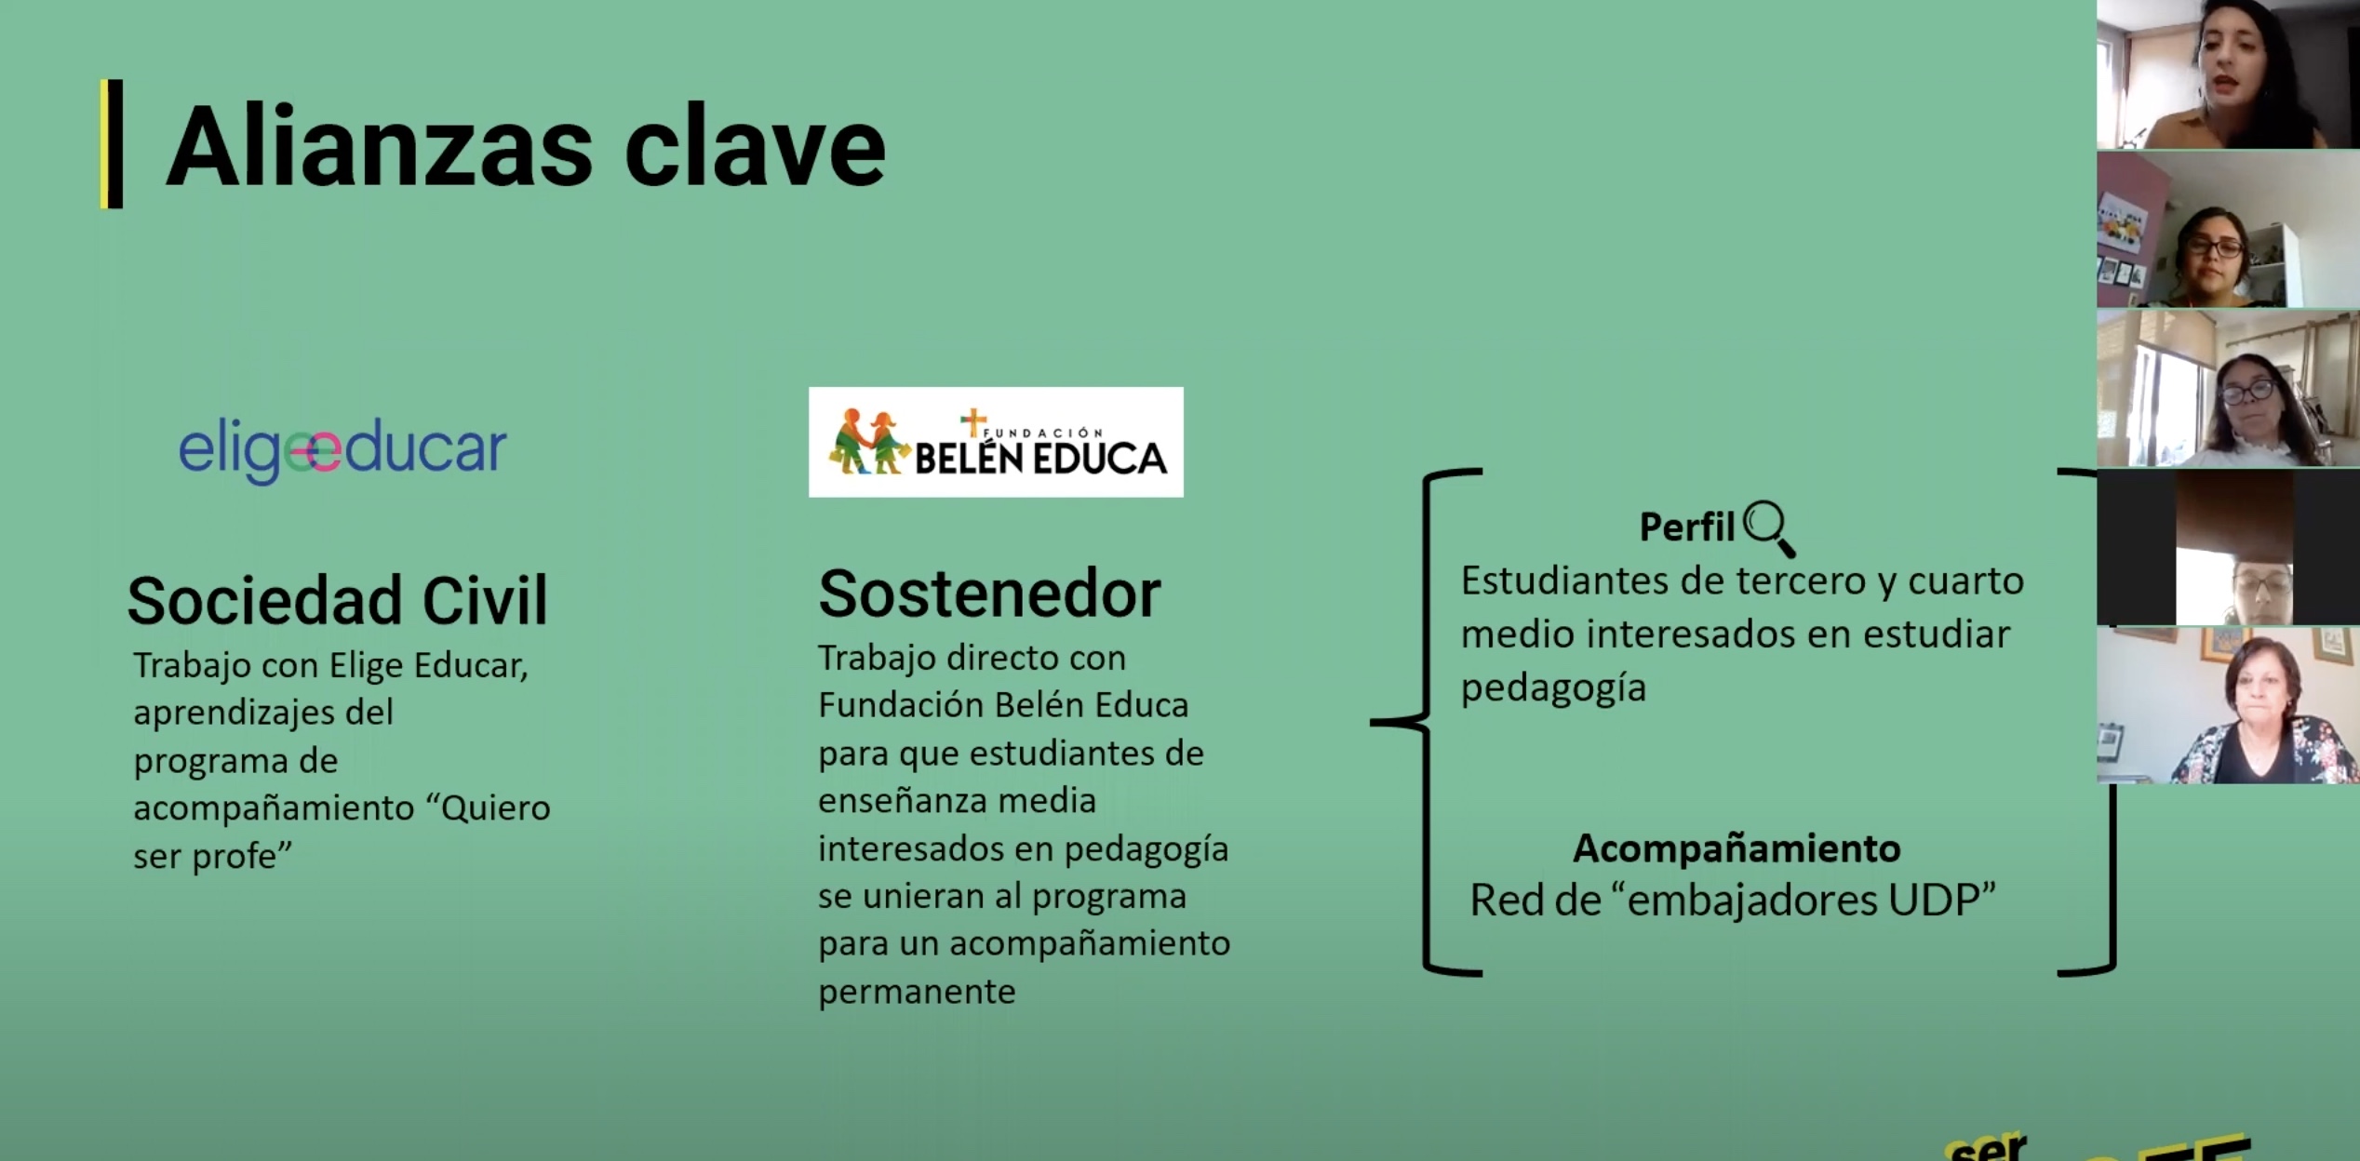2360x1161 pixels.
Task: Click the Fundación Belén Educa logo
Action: (x=996, y=442)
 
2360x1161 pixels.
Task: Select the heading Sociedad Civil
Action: (x=337, y=600)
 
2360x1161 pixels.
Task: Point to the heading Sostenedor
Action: (x=989, y=594)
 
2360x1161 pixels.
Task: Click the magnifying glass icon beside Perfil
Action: (x=1769, y=527)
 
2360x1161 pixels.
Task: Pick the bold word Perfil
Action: (x=1686, y=527)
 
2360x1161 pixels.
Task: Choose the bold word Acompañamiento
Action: (x=1736, y=848)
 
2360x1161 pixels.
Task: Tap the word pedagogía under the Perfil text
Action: (x=1553, y=688)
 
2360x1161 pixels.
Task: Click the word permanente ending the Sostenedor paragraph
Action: (x=917, y=993)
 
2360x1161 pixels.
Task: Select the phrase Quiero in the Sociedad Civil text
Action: (x=496, y=807)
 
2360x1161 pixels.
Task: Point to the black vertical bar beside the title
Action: (x=114, y=143)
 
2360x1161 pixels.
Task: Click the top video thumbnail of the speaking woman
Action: (x=2228, y=74)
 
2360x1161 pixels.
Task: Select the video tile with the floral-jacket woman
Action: (x=2228, y=705)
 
